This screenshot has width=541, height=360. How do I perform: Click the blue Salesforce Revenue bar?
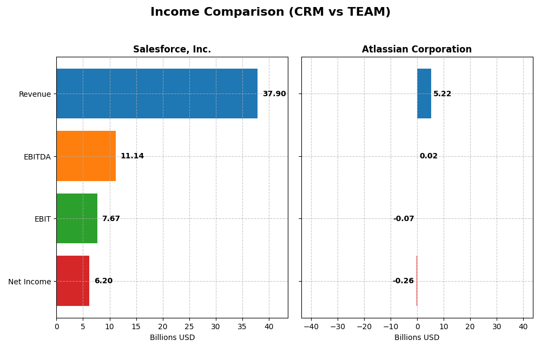pyautogui.click(x=157, y=94)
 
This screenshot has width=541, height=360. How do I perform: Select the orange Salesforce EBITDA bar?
pyautogui.click(x=86, y=156)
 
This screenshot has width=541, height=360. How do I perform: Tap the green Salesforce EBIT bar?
pyautogui.click(x=77, y=218)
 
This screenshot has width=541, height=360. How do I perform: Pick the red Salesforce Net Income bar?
pyautogui.click(x=72, y=281)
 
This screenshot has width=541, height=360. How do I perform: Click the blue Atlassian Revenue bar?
pyautogui.click(x=424, y=94)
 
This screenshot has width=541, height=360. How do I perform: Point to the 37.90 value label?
pyautogui.click(x=274, y=94)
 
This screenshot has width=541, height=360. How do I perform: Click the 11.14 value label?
pyautogui.click(x=132, y=156)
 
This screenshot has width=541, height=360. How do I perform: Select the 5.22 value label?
pyautogui.click(x=442, y=94)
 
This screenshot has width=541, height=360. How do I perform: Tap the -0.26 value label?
pyautogui.click(x=403, y=281)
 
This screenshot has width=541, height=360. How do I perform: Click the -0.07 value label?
pyautogui.click(x=404, y=219)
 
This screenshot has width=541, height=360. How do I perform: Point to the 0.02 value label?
pyautogui.click(x=428, y=156)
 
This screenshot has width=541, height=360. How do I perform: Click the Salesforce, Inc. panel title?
pyautogui.click(x=172, y=50)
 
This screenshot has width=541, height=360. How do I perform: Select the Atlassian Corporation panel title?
pyautogui.click(x=417, y=50)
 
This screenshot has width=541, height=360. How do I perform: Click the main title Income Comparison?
pyautogui.click(x=270, y=12)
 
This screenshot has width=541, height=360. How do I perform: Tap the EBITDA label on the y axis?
pyautogui.click(x=37, y=157)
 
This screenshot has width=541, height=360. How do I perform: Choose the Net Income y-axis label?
pyautogui.click(x=29, y=282)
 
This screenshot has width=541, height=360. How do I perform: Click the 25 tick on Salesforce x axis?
pyautogui.click(x=189, y=326)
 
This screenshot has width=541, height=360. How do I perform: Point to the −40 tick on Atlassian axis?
pyautogui.click(x=311, y=326)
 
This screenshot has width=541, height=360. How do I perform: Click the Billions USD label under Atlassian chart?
pyautogui.click(x=417, y=338)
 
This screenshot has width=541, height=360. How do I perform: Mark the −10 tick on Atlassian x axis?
pyautogui.click(x=391, y=326)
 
